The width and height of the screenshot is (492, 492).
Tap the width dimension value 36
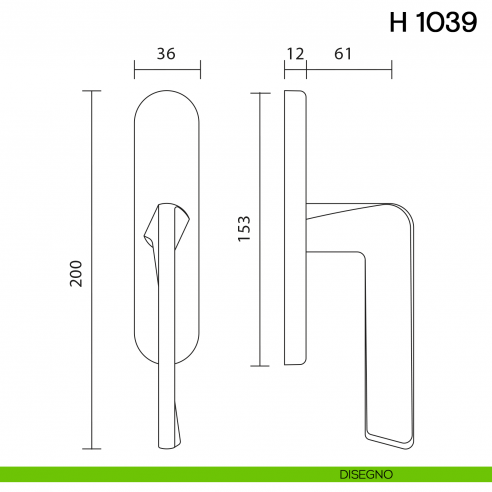167,54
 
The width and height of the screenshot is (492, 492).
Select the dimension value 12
293,54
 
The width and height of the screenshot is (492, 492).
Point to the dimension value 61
342,54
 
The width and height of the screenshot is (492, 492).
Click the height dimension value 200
76,274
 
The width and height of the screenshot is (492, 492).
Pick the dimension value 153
244,227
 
